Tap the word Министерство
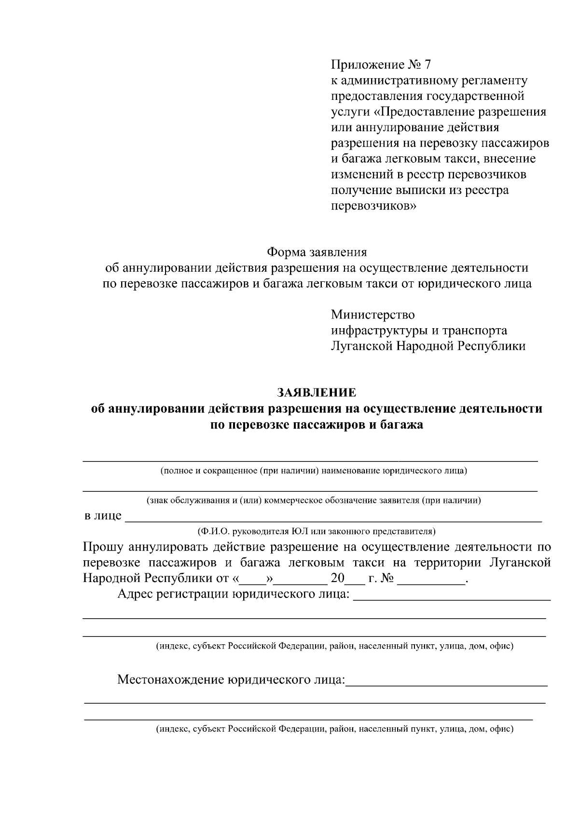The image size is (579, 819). (x=372, y=315)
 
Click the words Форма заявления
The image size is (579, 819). (x=317, y=252)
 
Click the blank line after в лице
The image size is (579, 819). (x=333, y=519)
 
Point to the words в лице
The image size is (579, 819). (x=103, y=515)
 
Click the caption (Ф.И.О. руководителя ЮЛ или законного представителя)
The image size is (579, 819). (x=316, y=531)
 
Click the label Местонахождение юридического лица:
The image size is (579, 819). (x=231, y=680)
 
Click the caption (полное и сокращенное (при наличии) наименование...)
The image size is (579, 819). (x=314, y=471)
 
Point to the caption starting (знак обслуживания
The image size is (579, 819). (x=314, y=500)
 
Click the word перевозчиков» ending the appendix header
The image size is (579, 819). (x=373, y=206)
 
